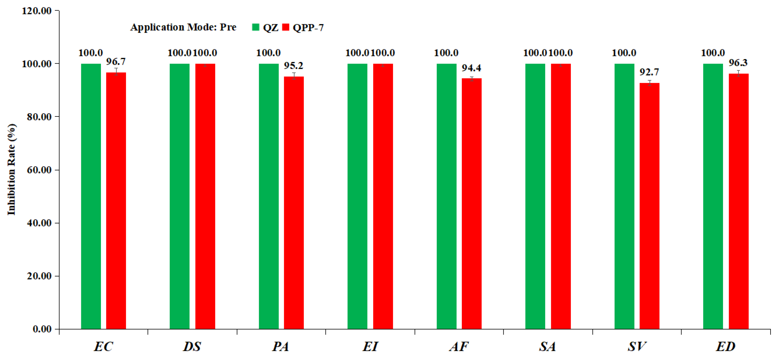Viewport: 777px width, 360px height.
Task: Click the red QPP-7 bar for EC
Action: (x=116, y=201)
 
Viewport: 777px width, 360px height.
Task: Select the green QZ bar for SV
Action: (x=624, y=196)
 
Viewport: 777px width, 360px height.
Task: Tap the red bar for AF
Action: (x=471, y=204)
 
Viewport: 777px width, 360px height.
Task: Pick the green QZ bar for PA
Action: (x=269, y=196)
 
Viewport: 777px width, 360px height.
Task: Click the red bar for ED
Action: (x=738, y=201)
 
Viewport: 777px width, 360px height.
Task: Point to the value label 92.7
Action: (x=649, y=72)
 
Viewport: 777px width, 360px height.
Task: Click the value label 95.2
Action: (x=293, y=66)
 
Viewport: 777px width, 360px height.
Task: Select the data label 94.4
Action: (x=471, y=68)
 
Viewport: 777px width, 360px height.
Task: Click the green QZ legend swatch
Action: (x=256, y=27)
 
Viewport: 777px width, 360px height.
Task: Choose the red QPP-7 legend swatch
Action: (x=285, y=27)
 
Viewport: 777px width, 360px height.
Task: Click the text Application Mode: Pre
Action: (x=183, y=27)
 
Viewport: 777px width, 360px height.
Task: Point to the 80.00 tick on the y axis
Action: (x=39, y=117)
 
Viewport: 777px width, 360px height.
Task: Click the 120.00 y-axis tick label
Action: (x=36, y=11)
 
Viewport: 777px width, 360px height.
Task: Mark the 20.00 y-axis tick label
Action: (x=39, y=276)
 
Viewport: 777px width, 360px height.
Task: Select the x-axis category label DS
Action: (x=192, y=347)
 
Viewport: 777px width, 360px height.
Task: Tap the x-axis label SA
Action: (x=547, y=347)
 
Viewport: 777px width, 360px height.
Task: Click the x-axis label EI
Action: (x=370, y=347)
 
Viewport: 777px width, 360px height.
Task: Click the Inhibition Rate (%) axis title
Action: (x=11, y=169)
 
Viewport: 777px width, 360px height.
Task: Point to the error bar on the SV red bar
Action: (x=649, y=83)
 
